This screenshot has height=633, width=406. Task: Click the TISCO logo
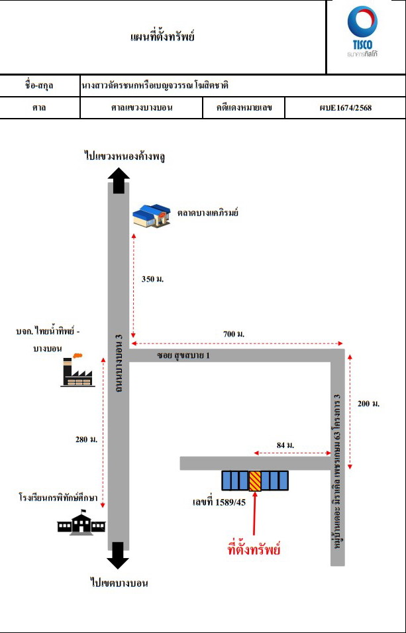pos(362,32)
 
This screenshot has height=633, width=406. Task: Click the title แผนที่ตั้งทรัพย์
pos(163,37)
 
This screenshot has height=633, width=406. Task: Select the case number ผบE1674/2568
pos(345,108)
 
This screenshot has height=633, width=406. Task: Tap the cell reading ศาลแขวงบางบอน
pos(141,108)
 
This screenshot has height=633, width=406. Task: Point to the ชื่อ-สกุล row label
pos(39,86)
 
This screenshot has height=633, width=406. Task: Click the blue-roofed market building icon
pos(152,216)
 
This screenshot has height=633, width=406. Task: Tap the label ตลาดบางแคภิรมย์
pos(207,213)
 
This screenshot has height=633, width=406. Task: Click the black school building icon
pos(81,523)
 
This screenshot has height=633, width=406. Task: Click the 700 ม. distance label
pos(234,334)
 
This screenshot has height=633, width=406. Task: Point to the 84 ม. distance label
pos(285,445)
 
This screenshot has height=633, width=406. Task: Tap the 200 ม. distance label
pos(369,404)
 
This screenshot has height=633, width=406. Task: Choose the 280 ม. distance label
pos(86,439)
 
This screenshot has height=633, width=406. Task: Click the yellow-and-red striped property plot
pos(255,481)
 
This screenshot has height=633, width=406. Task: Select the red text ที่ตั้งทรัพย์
pos(254,549)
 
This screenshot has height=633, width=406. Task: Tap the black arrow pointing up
pos(119,180)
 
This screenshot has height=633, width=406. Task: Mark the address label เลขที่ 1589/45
pos(219,503)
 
